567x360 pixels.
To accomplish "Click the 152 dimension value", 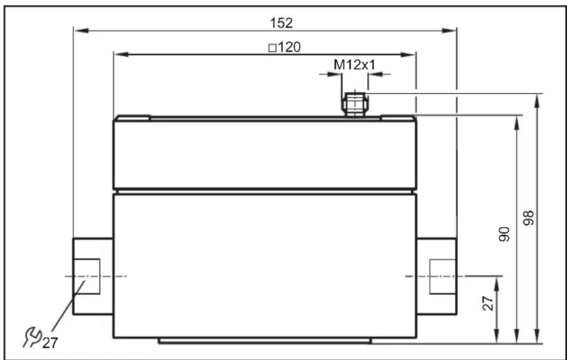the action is click(281, 23).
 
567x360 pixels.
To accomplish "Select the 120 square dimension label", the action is click(285, 47).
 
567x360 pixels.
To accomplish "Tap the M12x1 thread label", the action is click(354, 65).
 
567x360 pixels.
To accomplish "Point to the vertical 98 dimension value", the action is click(528, 218).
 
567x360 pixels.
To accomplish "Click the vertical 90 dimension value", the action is click(504, 234).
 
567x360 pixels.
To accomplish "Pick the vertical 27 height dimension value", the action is click(488, 303).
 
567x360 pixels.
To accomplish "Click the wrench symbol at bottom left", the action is click(32, 337).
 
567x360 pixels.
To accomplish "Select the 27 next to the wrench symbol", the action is click(50, 343).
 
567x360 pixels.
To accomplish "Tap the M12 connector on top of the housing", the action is click(355, 105).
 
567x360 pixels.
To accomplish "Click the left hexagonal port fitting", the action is click(93, 276).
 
